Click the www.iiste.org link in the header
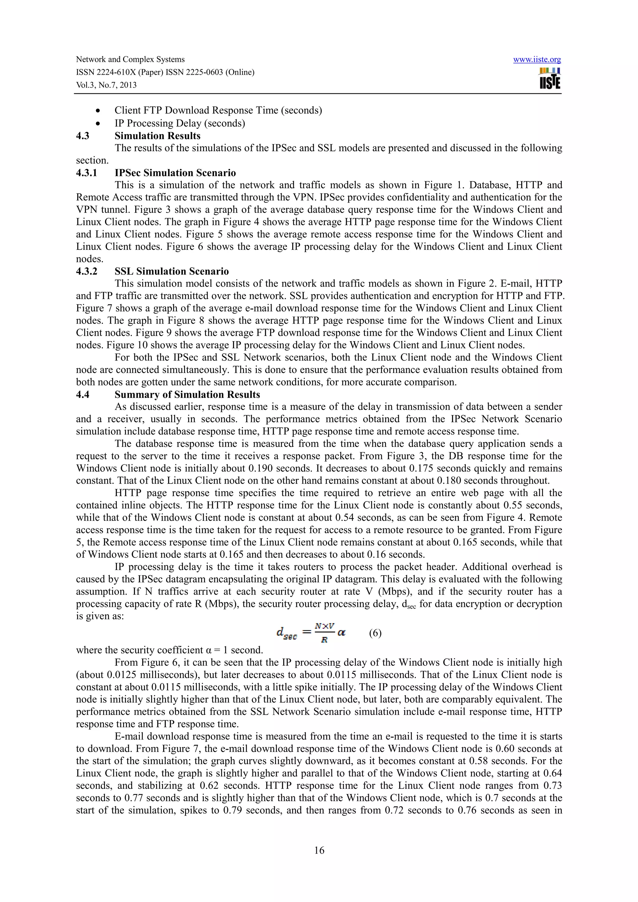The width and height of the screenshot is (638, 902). (537, 60)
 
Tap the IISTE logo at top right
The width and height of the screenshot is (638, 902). (550, 78)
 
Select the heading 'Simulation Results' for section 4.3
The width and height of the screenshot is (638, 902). (157, 136)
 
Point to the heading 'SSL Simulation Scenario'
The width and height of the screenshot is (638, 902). (171, 271)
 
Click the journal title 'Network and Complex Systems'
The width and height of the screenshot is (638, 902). (130, 59)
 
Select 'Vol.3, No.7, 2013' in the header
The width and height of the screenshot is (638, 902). (106, 85)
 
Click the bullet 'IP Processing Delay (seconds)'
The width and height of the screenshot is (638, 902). (180, 123)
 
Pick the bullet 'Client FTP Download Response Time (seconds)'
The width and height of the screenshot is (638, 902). (218, 110)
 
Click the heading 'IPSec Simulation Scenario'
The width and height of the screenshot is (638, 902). (175, 173)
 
